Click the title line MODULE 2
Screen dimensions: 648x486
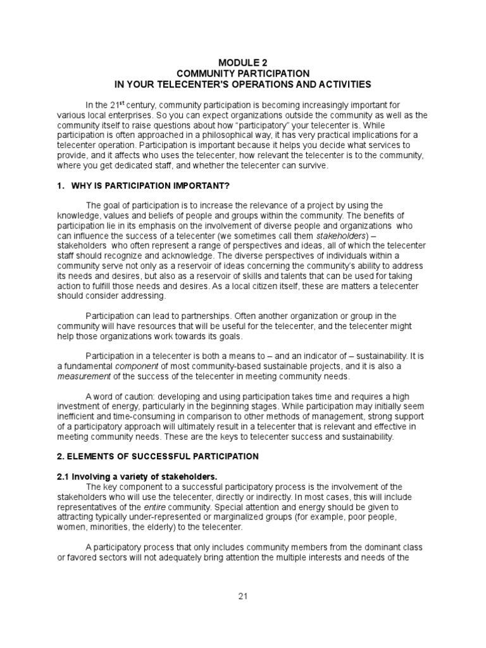coord(242,63)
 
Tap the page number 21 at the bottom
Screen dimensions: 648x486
coord(242,597)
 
